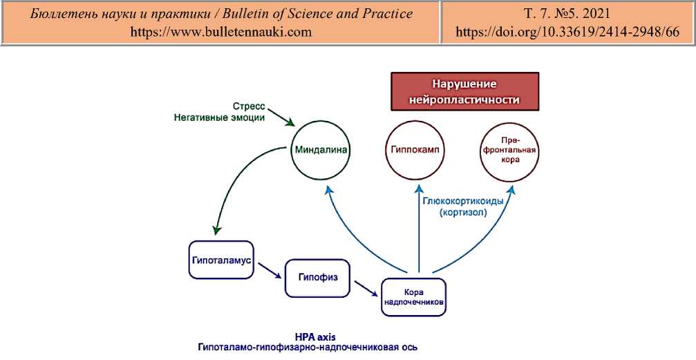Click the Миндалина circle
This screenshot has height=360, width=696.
pos(321,149)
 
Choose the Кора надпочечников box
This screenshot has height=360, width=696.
pos(413,297)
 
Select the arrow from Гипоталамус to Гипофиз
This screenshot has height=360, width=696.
pos(268,271)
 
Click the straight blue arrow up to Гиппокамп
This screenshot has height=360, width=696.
pos(419,228)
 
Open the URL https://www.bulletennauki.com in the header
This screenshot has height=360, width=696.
pos(221,32)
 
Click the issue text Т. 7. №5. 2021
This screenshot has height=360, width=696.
pos(566,14)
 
